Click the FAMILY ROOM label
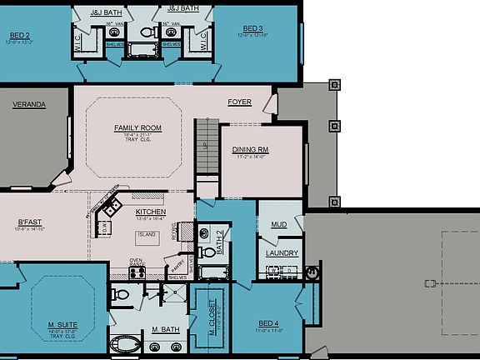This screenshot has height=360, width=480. (x=137, y=127)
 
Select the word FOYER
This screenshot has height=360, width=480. (x=240, y=102)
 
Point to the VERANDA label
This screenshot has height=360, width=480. (x=28, y=105)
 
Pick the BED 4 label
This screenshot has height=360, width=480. (x=267, y=322)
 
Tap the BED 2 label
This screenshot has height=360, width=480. (x=20, y=36)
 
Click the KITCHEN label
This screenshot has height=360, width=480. (x=151, y=212)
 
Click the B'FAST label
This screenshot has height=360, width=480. (x=29, y=222)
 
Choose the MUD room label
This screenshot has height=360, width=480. (x=279, y=224)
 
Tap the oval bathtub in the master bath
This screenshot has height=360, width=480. (x=128, y=345)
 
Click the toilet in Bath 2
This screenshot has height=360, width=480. (x=204, y=234)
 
